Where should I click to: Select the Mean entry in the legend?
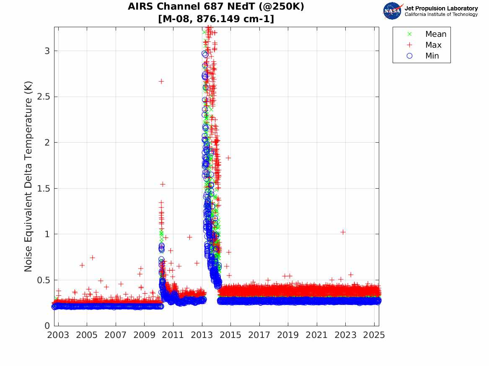436,34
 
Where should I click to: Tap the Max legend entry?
433,45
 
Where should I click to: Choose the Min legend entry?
432,56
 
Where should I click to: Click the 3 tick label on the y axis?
47,51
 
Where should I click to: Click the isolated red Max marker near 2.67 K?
161,81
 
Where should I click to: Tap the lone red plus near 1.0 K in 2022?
343,232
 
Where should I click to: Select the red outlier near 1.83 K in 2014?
228,158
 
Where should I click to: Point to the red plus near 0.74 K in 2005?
92,258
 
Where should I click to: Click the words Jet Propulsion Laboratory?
441,8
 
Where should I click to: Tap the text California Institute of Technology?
441,15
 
